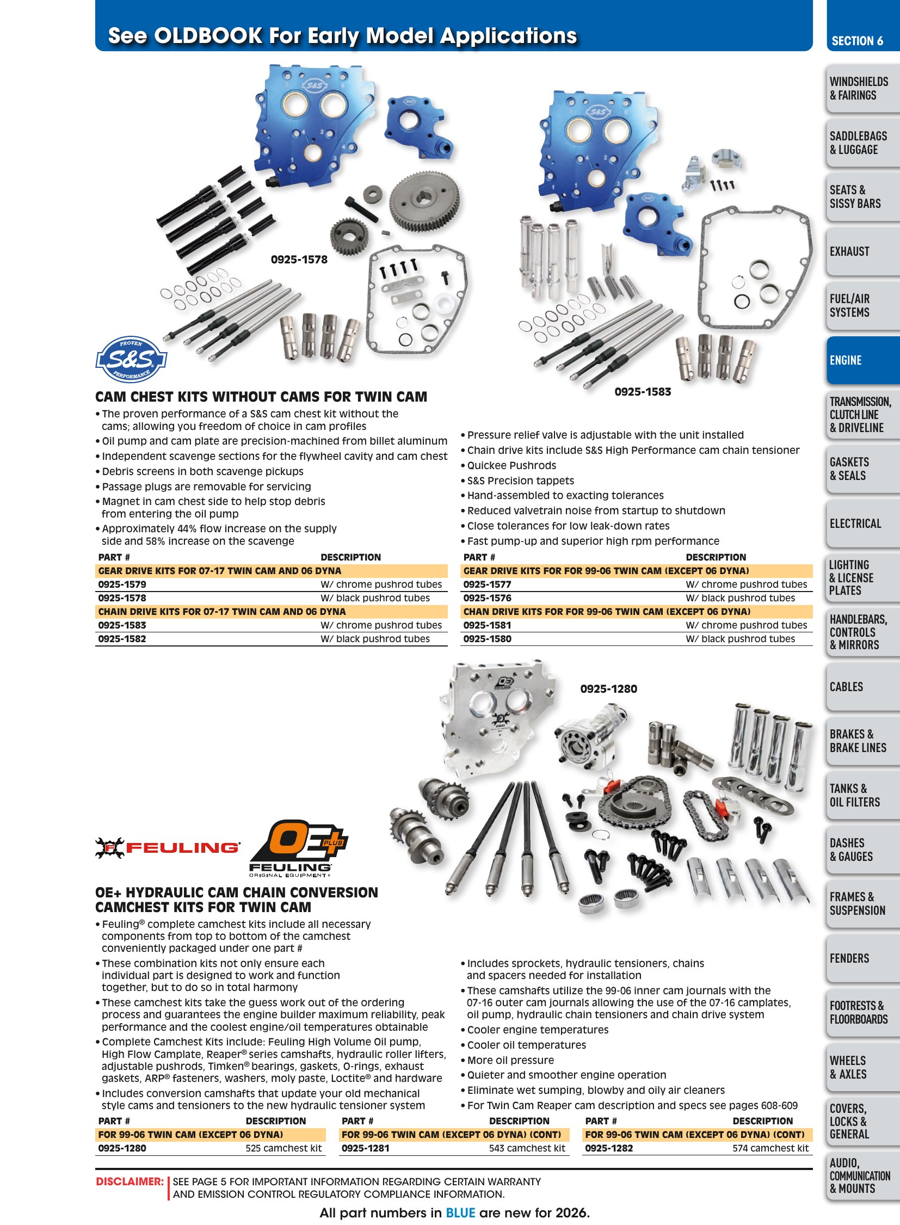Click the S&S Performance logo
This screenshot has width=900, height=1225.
(131, 359)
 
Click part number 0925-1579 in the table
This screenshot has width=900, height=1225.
(122, 584)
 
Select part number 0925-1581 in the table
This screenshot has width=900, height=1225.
(487, 625)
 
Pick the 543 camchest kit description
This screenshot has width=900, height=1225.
(527, 1148)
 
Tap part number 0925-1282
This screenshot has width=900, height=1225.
(609, 1148)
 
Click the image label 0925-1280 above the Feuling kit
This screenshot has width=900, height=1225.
(608, 689)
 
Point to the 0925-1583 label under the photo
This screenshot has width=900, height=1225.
(643, 392)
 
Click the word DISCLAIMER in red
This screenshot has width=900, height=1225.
(130, 1182)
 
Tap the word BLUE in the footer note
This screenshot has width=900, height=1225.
(460, 1212)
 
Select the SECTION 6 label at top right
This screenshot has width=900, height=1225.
(857, 41)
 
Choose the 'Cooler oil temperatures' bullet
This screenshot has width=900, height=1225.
(523, 1045)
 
